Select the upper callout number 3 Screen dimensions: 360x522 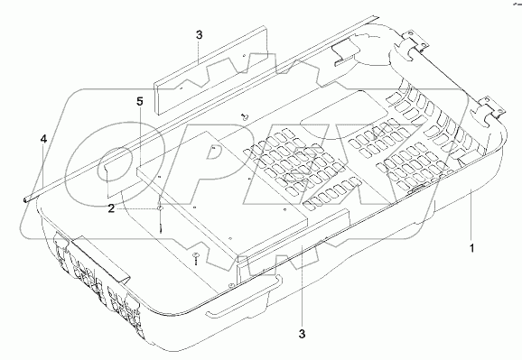(x=199, y=35)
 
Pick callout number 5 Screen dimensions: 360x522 (x=139, y=101)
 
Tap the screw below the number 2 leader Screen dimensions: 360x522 (x=196, y=261)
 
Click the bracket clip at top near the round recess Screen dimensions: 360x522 (x=343, y=56)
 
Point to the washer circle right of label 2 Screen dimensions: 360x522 (x=159, y=208)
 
